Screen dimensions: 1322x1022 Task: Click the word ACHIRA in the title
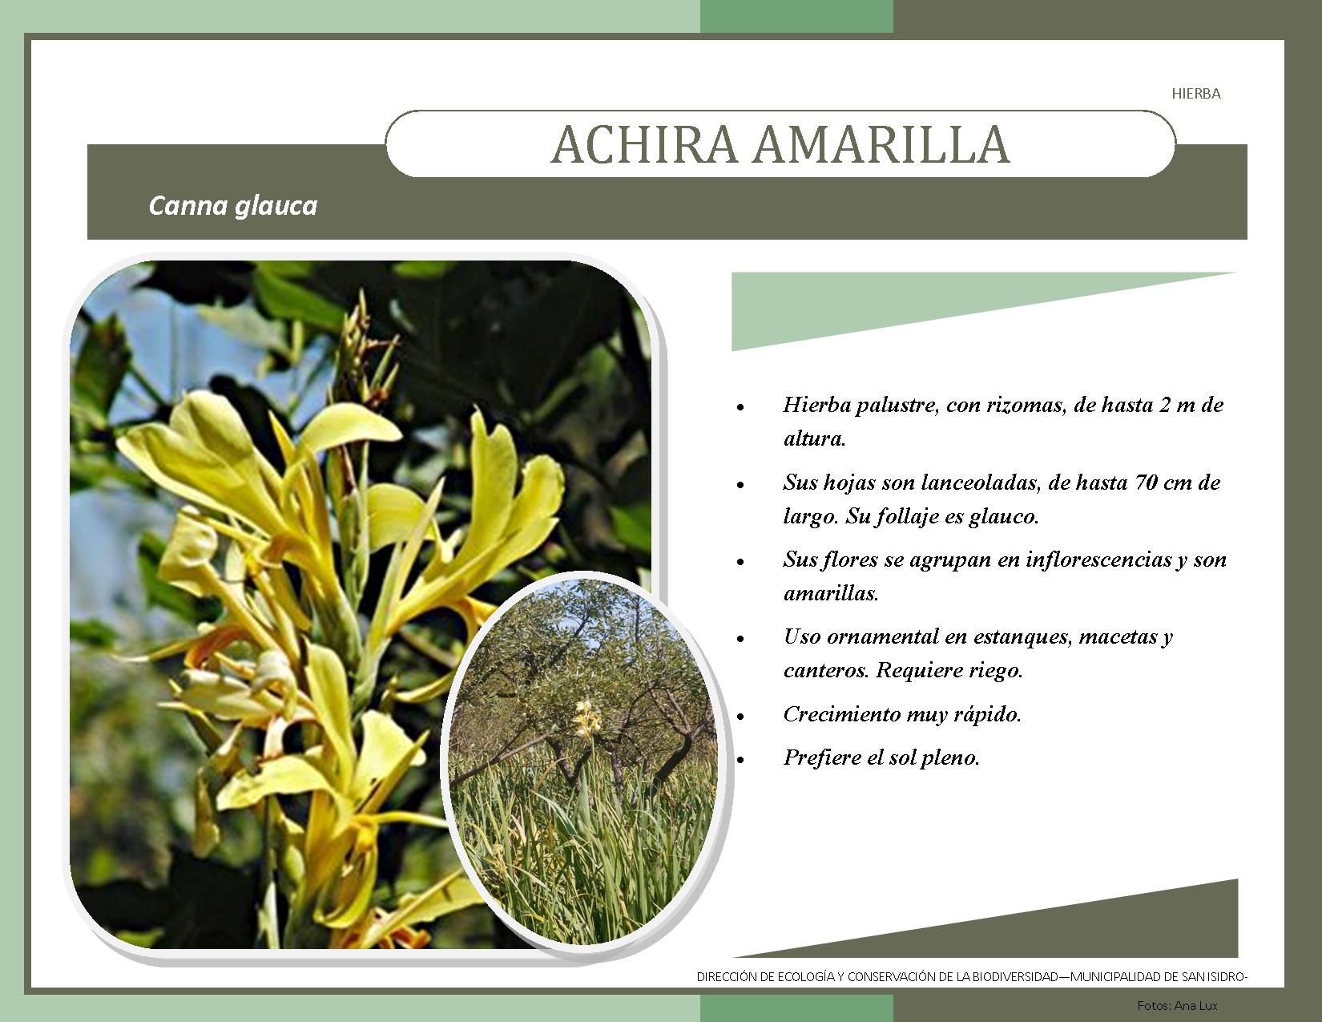click(x=644, y=145)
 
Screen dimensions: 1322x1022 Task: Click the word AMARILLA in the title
click(x=881, y=145)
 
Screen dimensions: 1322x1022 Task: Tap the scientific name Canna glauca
click(x=233, y=206)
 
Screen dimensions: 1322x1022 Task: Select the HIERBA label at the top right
click(x=1196, y=94)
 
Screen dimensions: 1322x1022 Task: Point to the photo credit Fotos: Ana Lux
click(x=1177, y=1005)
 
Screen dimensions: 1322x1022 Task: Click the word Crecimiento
click(x=840, y=714)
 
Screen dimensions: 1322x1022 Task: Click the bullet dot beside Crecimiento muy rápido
click(x=740, y=717)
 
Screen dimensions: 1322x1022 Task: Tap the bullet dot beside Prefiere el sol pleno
click(x=740, y=760)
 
